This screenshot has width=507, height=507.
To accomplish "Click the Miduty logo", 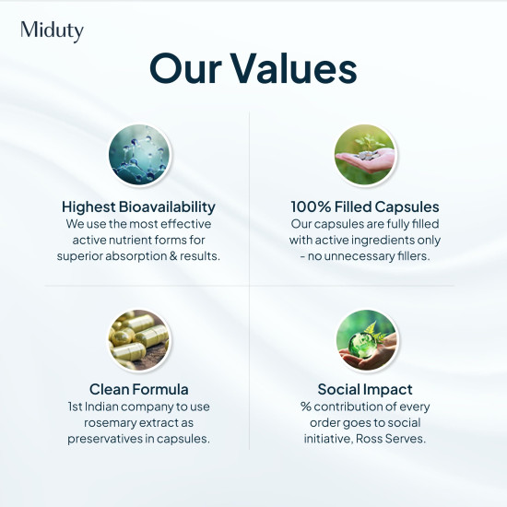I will coord(52,30).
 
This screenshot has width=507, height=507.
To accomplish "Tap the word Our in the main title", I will coord(184,69).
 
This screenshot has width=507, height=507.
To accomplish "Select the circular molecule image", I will coord(139,153).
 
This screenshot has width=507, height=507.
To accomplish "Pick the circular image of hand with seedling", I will coord(366,153).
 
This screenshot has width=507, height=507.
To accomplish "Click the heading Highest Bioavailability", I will coord(138,206).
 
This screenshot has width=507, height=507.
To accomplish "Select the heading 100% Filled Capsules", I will coord(365,206).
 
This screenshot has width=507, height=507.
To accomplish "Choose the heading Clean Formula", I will coord(138,389).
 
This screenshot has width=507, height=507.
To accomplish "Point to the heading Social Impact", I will coord(365,389).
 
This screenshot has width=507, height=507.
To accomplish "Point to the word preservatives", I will coord(106,439).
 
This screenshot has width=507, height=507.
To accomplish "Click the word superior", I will coord(84,255).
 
